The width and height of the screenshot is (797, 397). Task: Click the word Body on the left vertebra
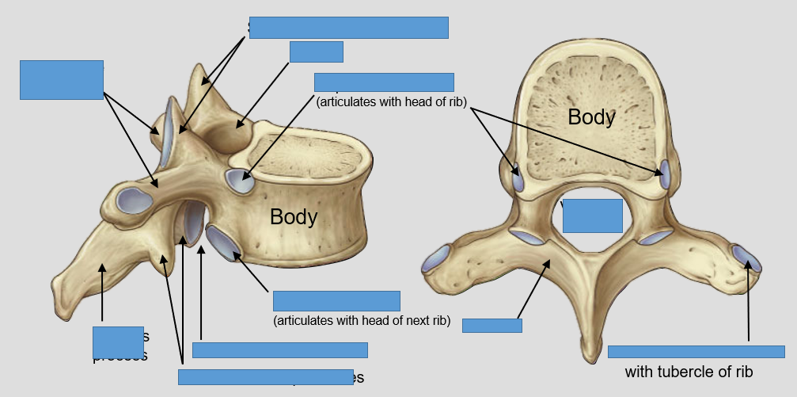tap(294, 216)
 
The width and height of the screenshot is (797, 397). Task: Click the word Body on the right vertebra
tap(591, 116)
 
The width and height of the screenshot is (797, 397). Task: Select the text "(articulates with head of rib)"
tap(392, 101)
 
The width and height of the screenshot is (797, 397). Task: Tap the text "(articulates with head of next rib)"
tap(362, 321)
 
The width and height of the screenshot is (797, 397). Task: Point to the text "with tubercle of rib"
tap(689, 372)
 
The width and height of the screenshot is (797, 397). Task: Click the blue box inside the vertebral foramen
tap(592, 216)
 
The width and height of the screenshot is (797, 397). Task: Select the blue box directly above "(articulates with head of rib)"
tap(384, 82)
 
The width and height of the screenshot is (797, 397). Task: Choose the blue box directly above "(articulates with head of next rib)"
tap(336, 301)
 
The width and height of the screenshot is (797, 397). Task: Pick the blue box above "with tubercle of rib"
tap(696, 352)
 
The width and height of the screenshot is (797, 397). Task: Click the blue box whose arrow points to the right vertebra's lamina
tap(491, 325)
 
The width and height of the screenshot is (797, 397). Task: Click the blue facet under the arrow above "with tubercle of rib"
tap(746, 258)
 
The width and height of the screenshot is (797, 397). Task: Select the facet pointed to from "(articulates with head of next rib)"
tap(225, 242)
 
